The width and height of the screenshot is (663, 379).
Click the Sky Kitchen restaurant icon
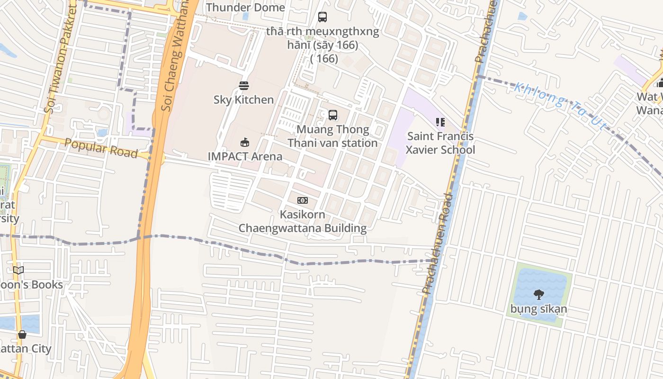244,86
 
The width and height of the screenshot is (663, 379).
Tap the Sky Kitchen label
243,99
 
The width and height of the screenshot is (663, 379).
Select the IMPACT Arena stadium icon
245,142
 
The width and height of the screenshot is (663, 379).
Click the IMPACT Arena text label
245,156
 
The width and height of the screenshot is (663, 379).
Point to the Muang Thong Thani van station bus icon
333,115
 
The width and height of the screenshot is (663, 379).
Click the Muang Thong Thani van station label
332,136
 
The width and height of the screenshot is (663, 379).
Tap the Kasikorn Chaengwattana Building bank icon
303,200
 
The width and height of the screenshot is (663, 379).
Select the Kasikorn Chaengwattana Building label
302,221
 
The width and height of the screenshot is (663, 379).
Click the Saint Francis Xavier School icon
440,122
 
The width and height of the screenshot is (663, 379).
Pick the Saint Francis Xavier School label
440,143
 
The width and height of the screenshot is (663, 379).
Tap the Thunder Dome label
245,8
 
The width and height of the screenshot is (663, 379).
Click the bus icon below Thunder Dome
323,17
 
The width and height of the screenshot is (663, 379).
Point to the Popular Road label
101,148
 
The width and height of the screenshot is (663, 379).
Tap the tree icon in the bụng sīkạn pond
538,295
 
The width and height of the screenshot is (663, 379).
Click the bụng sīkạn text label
538,309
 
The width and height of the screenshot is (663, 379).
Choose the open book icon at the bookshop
18,271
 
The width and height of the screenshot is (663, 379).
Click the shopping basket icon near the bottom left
22,334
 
